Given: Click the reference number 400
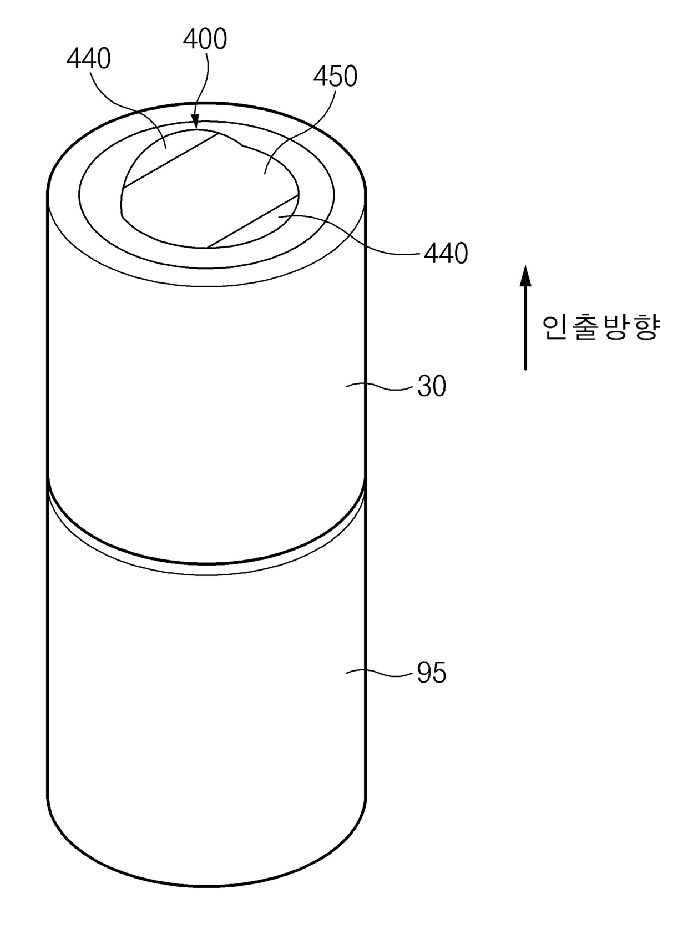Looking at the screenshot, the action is (x=205, y=39).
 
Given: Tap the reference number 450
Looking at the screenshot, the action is (x=335, y=76).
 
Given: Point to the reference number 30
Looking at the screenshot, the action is (x=432, y=386).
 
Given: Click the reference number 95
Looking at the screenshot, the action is (x=432, y=673).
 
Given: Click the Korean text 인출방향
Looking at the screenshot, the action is (x=601, y=328).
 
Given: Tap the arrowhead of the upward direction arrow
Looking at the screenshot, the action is (x=525, y=275).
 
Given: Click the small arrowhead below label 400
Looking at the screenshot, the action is (x=195, y=123).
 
